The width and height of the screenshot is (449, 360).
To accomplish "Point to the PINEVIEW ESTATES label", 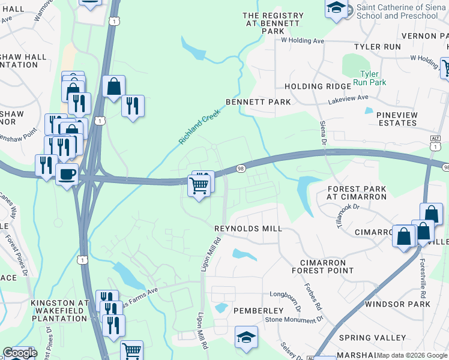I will (396, 118).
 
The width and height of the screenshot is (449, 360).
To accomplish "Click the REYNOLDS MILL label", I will (248, 229).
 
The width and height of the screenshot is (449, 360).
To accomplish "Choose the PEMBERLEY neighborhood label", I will (258, 310).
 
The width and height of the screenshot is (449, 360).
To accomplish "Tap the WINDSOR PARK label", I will (397, 304).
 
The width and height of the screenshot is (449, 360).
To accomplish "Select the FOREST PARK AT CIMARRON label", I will (357, 193).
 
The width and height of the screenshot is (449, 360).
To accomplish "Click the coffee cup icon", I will (67, 174).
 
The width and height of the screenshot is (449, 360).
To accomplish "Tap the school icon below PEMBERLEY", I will (246, 337).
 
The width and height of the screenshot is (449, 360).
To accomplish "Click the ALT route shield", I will (436, 138).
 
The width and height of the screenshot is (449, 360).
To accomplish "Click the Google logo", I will (20, 353).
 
